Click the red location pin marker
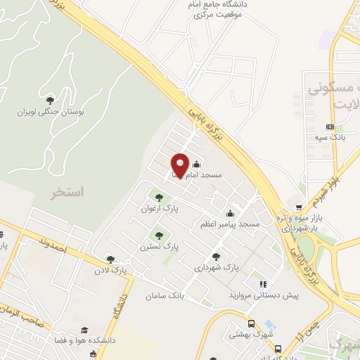[x=180, y=165]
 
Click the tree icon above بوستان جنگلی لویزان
[x=49, y=100]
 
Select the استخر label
[x=67, y=191]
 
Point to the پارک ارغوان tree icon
[x=157, y=197]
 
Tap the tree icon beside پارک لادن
[x=109, y=259]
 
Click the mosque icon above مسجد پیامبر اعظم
[x=231, y=214]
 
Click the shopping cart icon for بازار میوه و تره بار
[x=300, y=207]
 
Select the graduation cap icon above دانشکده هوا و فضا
[x=85, y=330]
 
